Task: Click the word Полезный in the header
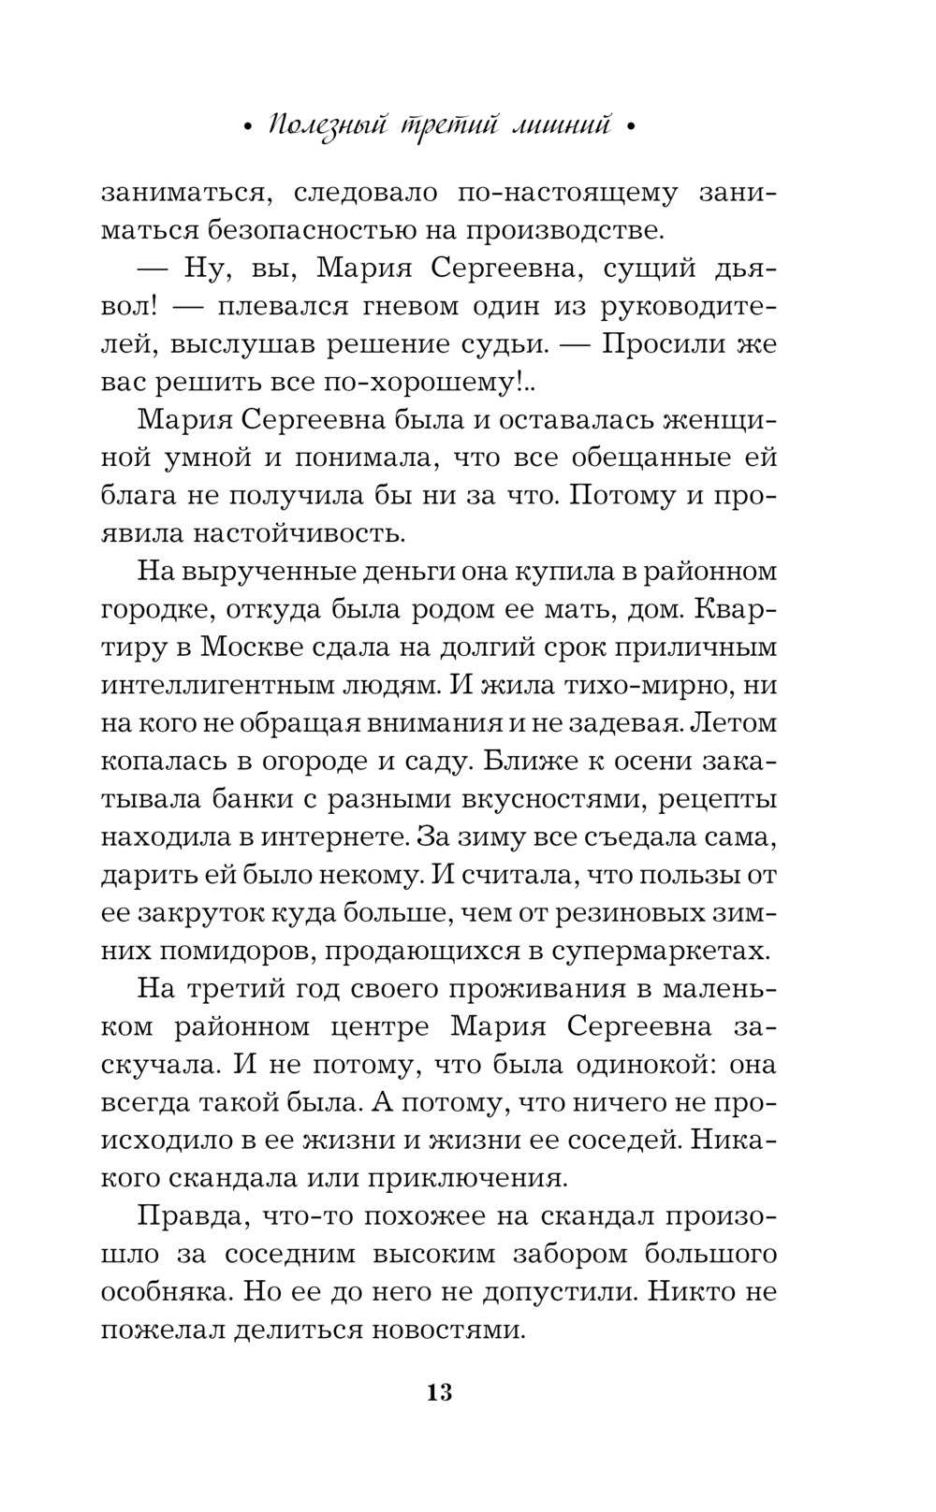(x=321, y=127)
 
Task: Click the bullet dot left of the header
(x=246, y=130)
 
